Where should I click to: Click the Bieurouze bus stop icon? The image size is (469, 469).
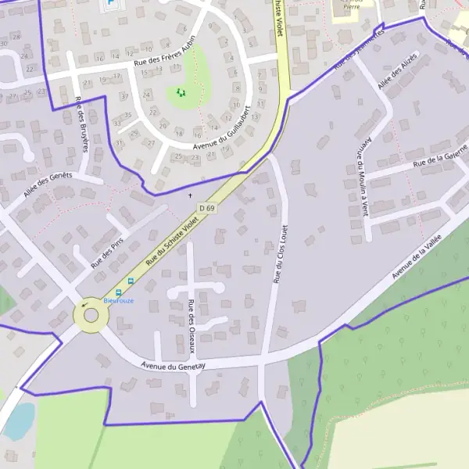click(x=131, y=281)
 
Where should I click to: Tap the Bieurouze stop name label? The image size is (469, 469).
click(x=119, y=299)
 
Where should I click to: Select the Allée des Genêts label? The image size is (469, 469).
click(x=48, y=184)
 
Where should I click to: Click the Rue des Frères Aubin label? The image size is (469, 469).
click(x=163, y=55)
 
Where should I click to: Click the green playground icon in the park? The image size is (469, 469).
click(x=181, y=93)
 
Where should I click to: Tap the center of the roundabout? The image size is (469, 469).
click(x=91, y=317)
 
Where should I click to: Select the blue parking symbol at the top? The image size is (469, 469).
click(x=110, y=4)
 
